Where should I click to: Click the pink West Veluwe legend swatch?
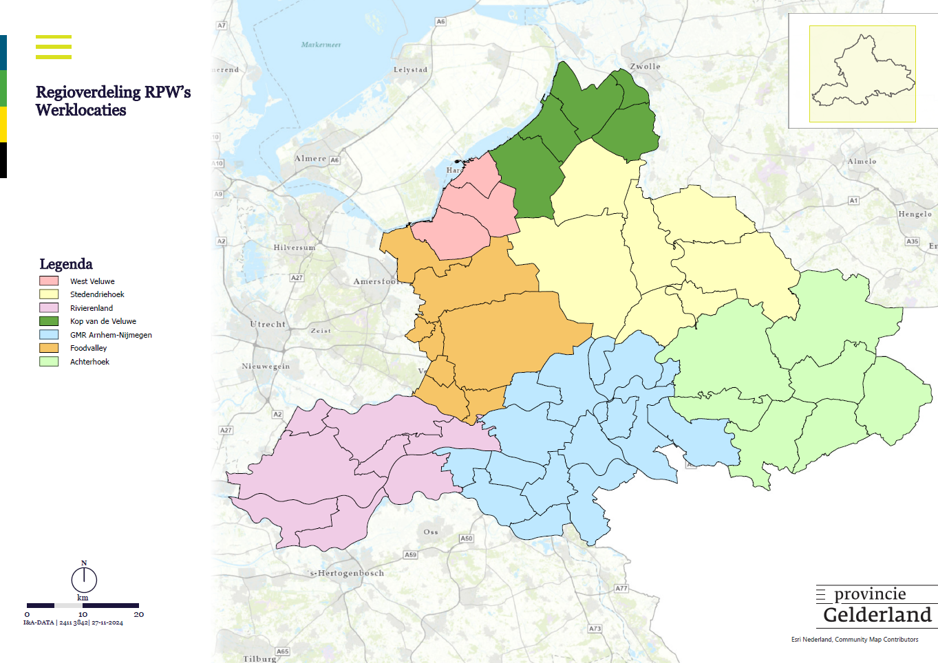pos(49,281)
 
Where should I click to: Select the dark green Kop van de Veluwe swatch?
pos(49,321)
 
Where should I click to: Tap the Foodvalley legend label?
pos(88,348)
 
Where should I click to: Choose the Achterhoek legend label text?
pos(89,362)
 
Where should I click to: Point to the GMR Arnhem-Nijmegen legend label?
pos(111,335)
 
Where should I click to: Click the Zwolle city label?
pos(645,67)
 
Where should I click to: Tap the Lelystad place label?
pos(410,69)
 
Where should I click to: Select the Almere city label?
pos(310,158)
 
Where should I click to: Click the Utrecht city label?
pos(268,324)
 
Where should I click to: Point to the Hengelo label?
pos(915,214)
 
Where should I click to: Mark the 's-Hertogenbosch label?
pos(347,573)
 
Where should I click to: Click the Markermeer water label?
pos(321,45)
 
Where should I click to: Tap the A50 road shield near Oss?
pos(467,539)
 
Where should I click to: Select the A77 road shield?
pos(621,588)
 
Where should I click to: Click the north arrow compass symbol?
pos(84,579)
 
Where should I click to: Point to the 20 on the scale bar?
pos(138,614)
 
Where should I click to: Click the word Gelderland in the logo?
pos(877,615)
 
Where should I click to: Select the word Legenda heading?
pos(66,264)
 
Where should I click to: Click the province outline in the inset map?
pos(862,74)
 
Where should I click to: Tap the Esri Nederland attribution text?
pos(854,640)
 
